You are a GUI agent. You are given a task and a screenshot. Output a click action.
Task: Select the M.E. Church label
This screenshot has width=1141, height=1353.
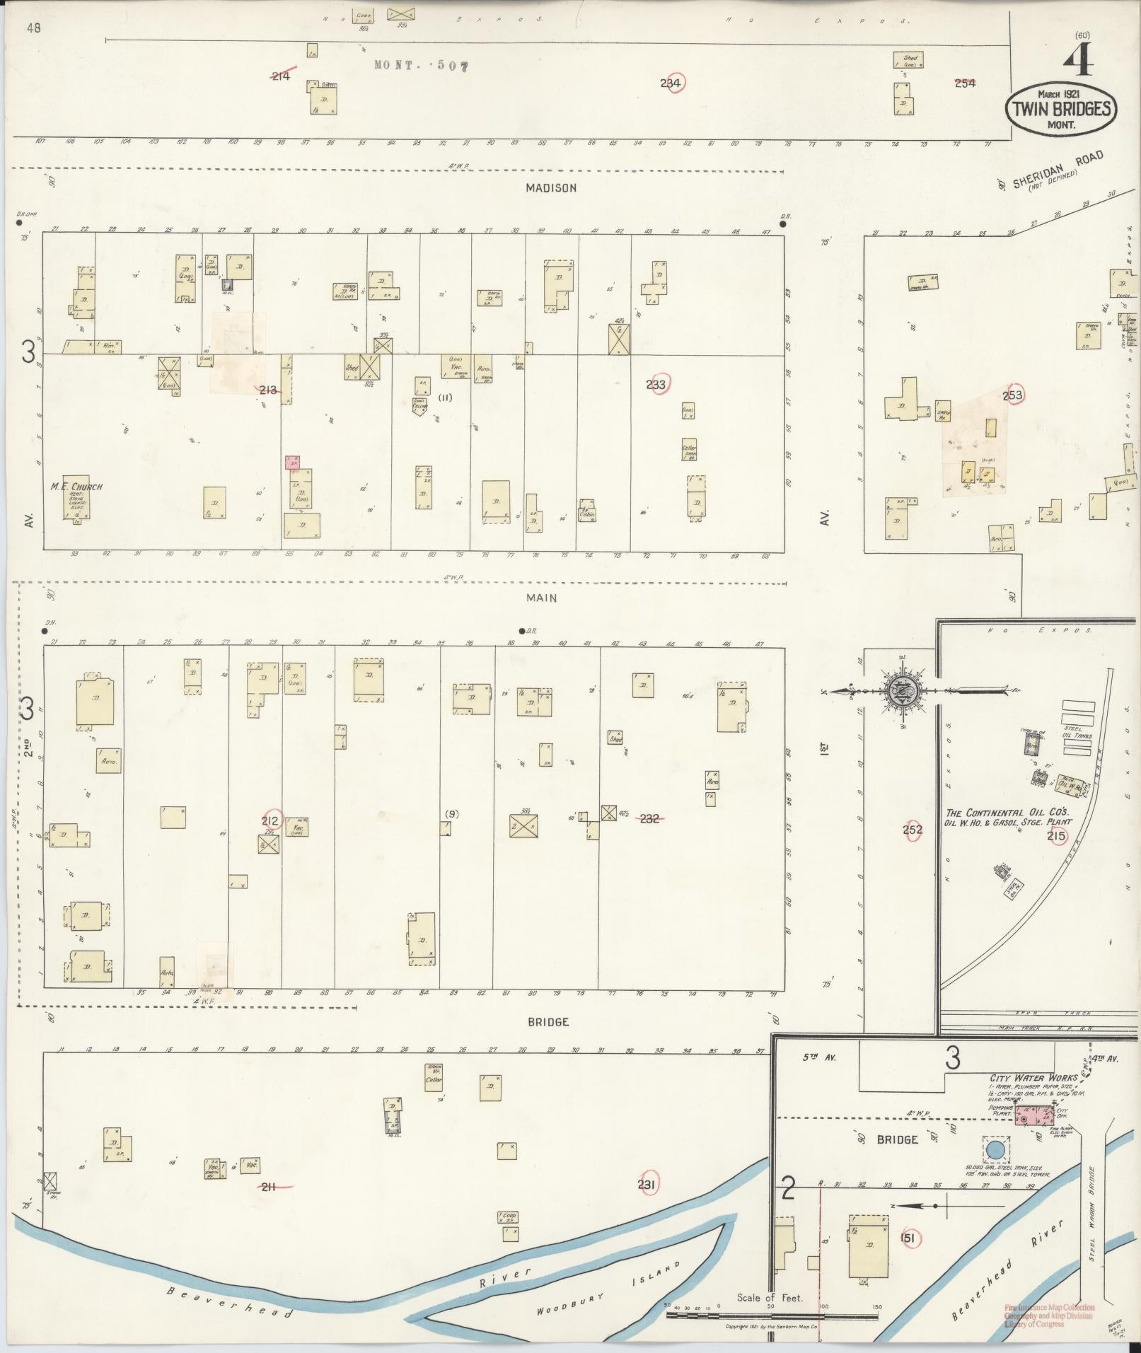click(x=76, y=487)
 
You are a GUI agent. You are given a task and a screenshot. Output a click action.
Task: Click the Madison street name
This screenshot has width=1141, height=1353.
click(x=551, y=187)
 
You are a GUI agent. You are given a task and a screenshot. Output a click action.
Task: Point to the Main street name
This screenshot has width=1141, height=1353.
click(x=541, y=598)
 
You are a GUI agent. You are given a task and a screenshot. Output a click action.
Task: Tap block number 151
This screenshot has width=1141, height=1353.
click(x=908, y=1238)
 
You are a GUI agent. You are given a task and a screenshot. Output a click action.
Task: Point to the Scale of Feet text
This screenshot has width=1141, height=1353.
click(x=770, y=1297)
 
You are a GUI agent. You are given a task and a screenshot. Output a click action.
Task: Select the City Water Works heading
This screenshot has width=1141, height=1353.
click(x=1033, y=1079)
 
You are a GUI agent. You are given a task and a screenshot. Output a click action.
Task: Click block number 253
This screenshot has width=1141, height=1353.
click(x=1012, y=395)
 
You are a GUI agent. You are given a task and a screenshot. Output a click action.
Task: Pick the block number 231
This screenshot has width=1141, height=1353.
click(x=647, y=1185)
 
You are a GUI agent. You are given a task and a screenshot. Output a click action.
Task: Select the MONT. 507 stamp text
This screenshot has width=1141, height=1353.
click(x=421, y=66)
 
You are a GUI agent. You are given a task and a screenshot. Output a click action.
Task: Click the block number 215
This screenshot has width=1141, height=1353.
click(x=1057, y=836)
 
